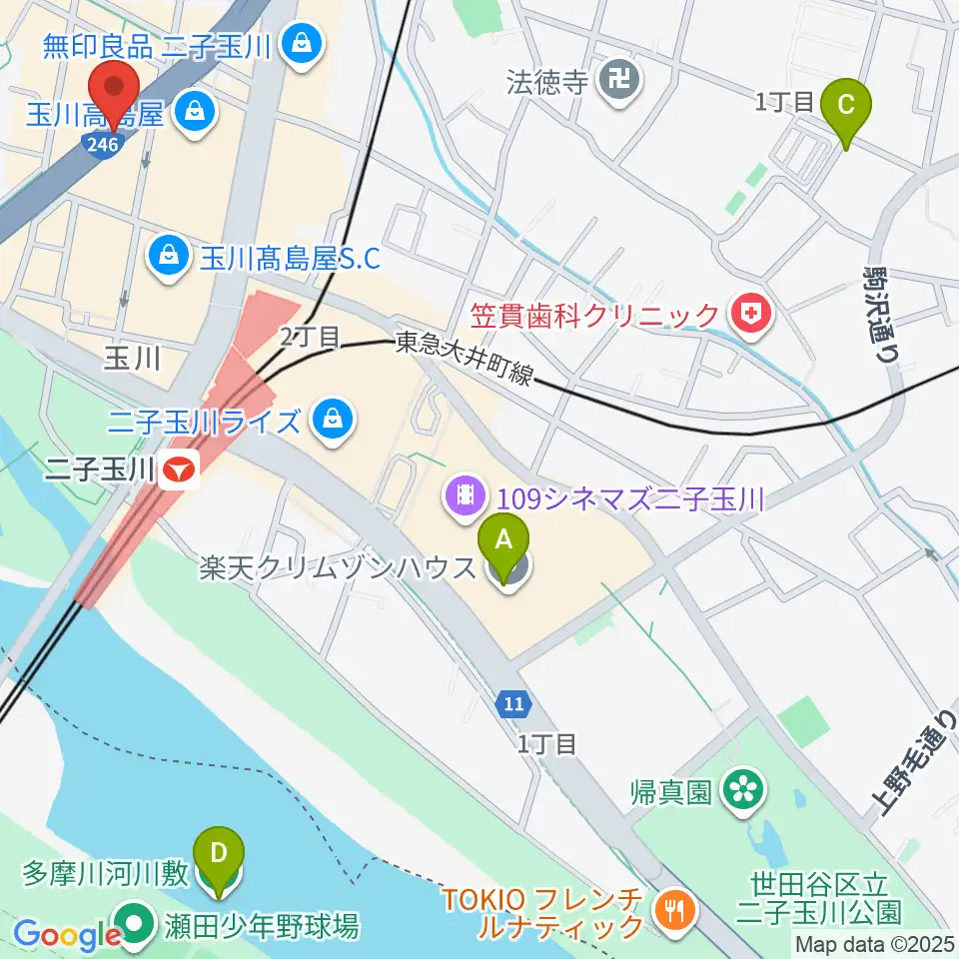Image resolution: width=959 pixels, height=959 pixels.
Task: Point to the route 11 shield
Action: pos(512,704)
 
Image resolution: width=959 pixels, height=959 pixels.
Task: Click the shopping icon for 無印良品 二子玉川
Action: pos(298,42)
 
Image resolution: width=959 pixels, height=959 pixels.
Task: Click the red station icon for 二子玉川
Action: pos(181,469)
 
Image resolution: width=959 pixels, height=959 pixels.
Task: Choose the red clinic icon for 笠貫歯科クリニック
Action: pos(746,316)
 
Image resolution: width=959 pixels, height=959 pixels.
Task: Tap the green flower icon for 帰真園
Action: pos(742,791)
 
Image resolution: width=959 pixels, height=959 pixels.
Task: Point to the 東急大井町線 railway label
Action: pos(465,359)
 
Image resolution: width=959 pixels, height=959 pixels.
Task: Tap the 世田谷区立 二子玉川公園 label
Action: pos(819,896)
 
